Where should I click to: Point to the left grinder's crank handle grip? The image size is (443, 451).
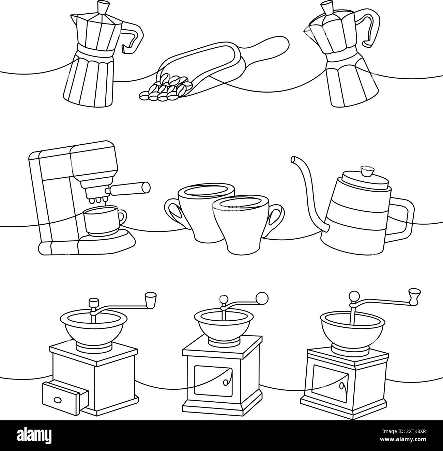coord(150,300)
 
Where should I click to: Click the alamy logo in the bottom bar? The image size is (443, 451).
coord(37,436)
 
